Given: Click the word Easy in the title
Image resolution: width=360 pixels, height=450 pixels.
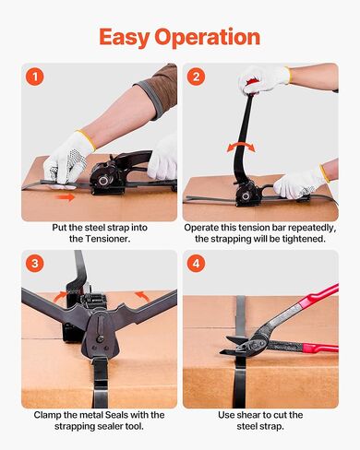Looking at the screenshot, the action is tap(125, 38).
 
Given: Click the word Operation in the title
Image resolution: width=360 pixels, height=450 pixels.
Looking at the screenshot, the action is tap(208, 38).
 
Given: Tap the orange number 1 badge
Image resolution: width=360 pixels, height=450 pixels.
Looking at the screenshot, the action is tap(35, 77).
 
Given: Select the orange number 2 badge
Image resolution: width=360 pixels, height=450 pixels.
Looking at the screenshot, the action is tap(196, 77).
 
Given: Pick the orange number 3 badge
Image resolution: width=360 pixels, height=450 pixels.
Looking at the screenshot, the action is tap(35, 264).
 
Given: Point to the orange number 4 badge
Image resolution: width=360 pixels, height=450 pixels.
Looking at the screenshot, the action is tap(196, 264).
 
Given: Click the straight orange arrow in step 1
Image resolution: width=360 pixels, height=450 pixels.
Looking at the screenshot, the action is tap(65, 197).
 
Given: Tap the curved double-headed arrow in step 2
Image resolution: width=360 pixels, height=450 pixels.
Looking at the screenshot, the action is tap(241, 147).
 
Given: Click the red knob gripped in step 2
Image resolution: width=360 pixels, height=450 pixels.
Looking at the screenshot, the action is tap(252, 83).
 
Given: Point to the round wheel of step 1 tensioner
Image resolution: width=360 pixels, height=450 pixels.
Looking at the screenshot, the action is tap(103, 179).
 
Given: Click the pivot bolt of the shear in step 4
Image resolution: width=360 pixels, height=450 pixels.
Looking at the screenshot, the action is tap(255, 345).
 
